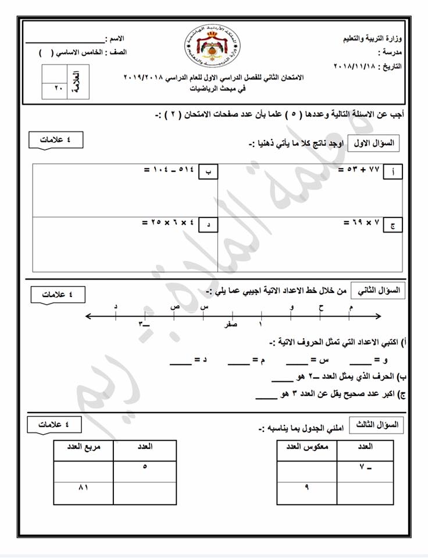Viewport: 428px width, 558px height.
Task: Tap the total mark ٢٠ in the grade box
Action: coord(55,91)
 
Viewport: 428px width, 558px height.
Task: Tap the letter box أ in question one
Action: coord(394,173)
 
